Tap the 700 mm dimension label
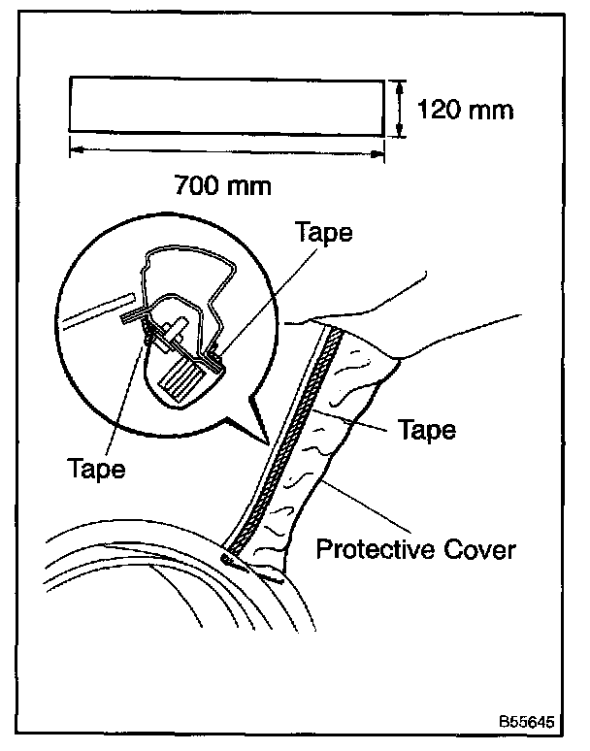222,182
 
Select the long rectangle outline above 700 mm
226,105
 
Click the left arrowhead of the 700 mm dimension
75,148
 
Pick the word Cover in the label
482,551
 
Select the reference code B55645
526,723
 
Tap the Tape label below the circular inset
97,469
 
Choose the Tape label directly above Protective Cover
427,428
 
